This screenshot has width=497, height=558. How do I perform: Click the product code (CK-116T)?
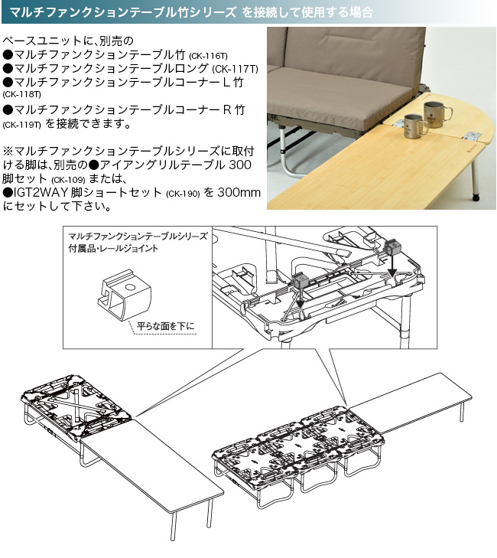pyautogui.click(x=208, y=56)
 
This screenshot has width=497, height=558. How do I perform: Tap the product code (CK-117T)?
pyautogui.click(x=235, y=70)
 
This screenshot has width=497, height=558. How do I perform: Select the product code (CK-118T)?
pyautogui.click(x=21, y=95)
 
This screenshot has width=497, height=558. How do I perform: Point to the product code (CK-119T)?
pyautogui.click(x=21, y=125)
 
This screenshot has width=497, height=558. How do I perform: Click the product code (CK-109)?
pyautogui.click(x=68, y=179)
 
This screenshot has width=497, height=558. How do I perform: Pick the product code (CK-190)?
pyautogui.click(x=183, y=194)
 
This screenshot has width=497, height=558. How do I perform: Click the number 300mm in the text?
pyautogui.click(x=239, y=193)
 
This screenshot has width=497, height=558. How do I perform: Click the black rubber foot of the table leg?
pyautogui.click(x=476, y=196)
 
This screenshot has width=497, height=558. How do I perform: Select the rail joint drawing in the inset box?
pyautogui.click(x=125, y=295)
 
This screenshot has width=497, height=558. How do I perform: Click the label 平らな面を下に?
pyautogui.click(x=166, y=326)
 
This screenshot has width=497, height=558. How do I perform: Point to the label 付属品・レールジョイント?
pyautogui.click(x=113, y=249)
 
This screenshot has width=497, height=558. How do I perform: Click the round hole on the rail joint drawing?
pyautogui.click(x=131, y=286)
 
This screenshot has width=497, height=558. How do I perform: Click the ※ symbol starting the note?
pyautogui.click(x=8, y=152)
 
